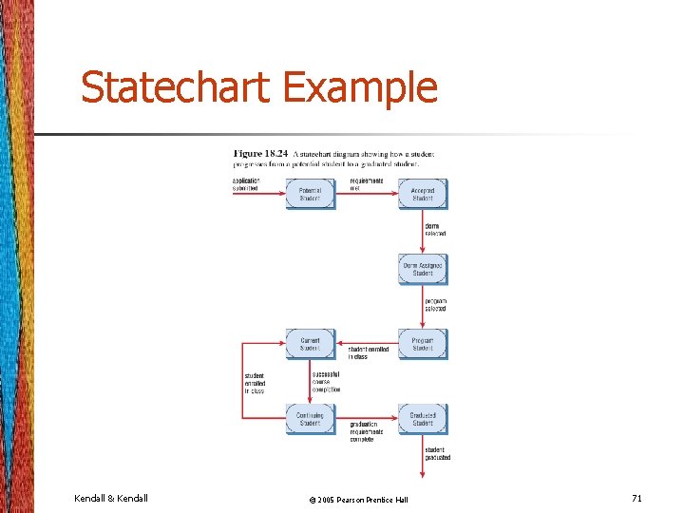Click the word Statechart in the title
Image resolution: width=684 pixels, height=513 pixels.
(x=177, y=88)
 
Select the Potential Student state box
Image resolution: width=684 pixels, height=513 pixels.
(x=310, y=194)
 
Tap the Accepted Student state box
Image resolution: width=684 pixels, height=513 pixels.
(x=423, y=194)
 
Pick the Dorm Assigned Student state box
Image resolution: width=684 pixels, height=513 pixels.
(x=423, y=269)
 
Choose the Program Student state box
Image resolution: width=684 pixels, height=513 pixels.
(x=423, y=344)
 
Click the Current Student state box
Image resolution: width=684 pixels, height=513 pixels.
(x=310, y=344)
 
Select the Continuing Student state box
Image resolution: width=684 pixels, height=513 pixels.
(x=310, y=419)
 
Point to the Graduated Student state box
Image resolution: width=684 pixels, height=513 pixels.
(x=423, y=419)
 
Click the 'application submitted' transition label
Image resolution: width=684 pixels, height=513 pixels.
(x=246, y=184)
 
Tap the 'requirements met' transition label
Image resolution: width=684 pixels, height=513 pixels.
(x=366, y=184)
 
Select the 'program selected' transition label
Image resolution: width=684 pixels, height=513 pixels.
(x=436, y=304)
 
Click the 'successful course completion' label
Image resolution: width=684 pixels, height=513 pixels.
(x=326, y=381)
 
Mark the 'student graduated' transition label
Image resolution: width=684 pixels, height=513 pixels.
(x=438, y=453)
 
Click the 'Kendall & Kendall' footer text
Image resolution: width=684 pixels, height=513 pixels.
(x=111, y=498)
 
